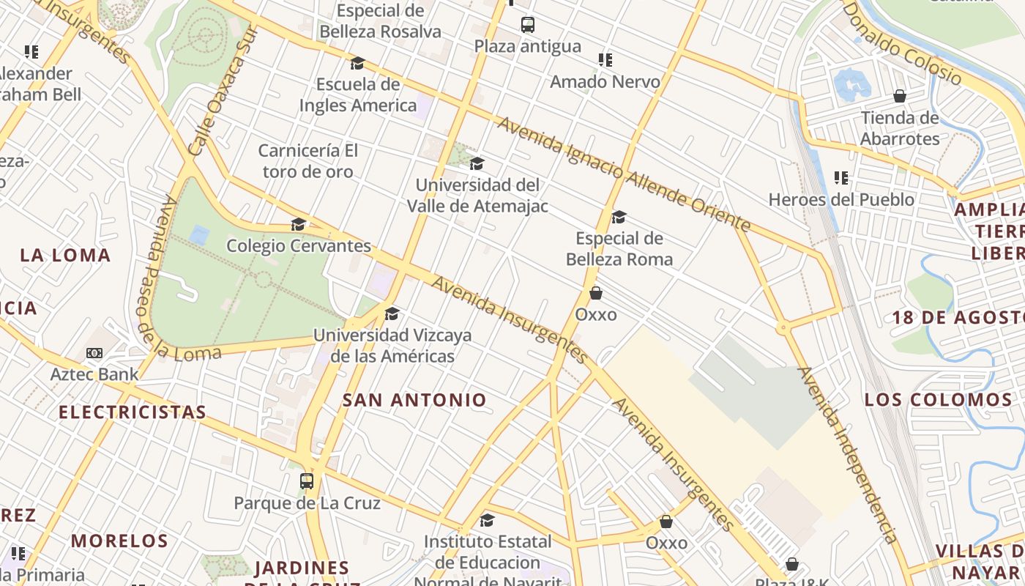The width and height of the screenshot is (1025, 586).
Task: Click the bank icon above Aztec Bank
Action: click(94, 353)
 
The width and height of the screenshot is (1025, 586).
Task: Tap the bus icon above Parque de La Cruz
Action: click(307, 481)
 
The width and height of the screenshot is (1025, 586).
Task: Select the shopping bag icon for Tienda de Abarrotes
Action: click(900, 97)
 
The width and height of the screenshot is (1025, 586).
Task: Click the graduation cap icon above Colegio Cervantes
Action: click(298, 224)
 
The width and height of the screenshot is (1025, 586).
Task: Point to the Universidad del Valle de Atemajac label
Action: click(477, 196)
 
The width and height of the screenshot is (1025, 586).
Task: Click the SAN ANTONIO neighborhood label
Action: click(414, 400)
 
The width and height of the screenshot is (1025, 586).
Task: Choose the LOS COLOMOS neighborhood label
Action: click(939, 400)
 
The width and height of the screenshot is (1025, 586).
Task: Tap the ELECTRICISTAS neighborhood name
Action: click(133, 412)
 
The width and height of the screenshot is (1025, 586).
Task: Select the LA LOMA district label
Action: click(65, 256)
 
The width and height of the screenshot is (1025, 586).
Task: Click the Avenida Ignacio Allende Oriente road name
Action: click(624, 174)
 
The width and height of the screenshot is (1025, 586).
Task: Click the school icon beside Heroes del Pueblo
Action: click(841, 178)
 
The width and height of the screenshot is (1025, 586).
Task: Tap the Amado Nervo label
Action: click(605, 82)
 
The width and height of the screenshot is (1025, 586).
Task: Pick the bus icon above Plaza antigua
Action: click(528, 25)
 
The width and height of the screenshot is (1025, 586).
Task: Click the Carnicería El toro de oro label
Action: click(307, 161)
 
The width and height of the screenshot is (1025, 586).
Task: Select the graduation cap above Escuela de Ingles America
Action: click(357, 64)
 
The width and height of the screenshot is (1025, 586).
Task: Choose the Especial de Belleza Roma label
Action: click(619, 249)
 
